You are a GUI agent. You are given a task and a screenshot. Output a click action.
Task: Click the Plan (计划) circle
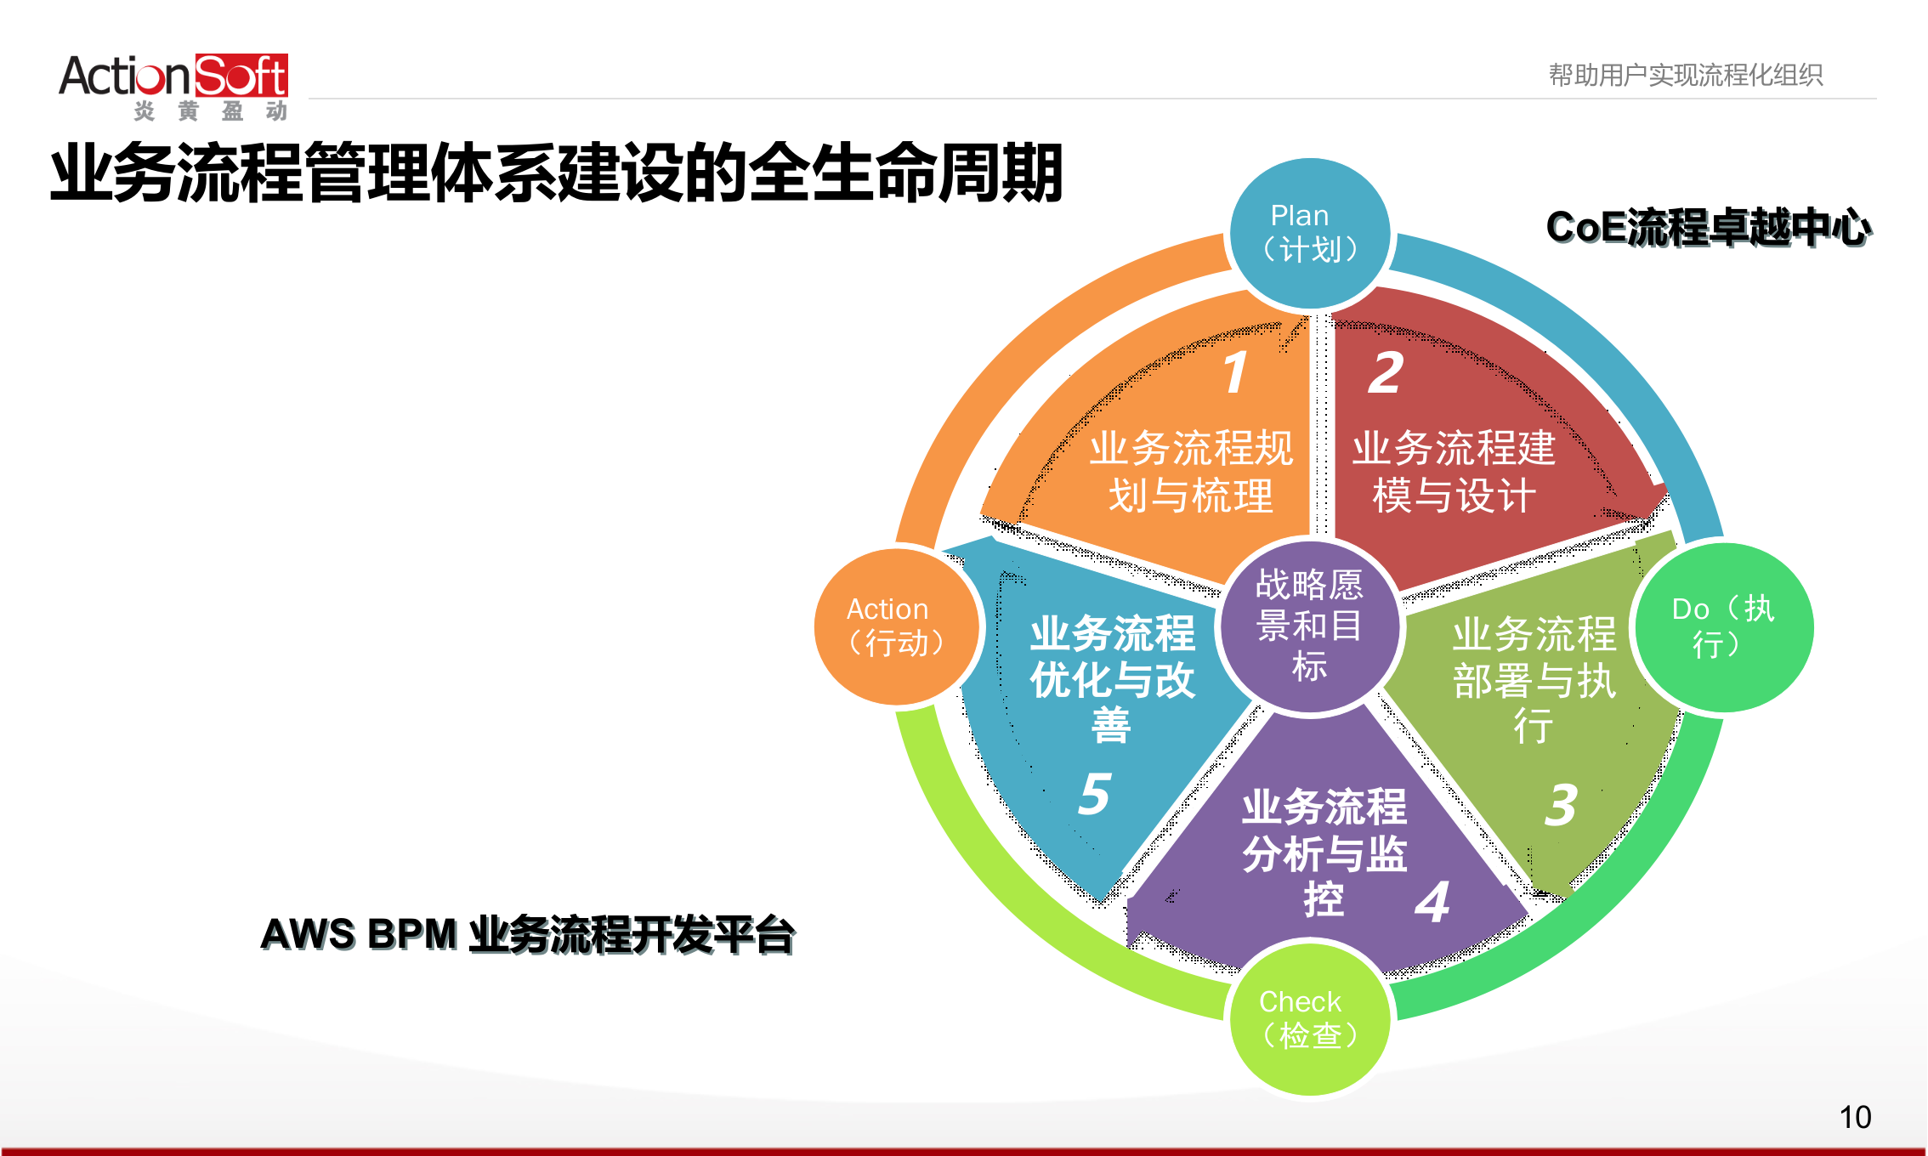(x=1310, y=233)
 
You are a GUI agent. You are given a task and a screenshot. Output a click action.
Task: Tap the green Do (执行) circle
(x=1723, y=626)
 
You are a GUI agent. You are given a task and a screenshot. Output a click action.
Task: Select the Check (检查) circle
(x=1310, y=1018)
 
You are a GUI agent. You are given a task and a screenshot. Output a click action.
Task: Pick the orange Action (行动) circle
(x=896, y=626)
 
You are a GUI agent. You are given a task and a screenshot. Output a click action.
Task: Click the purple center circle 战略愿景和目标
(x=1310, y=626)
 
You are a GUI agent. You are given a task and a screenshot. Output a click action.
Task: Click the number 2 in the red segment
(x=1386, y=372)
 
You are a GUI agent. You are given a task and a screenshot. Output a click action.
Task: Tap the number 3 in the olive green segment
(x=1561, y=804)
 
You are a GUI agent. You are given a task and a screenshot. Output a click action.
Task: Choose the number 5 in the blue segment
(x=1095, y=794)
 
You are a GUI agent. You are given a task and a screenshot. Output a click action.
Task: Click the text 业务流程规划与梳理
(x=1191, y=472)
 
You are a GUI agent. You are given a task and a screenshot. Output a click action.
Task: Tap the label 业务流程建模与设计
(x=1454, y=472)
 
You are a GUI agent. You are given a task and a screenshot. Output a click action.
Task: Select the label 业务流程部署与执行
(x=1534, y=679)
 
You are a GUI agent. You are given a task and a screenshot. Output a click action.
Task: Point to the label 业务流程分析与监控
(x=1324, y=853)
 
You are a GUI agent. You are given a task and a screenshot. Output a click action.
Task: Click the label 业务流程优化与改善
(x=1112, y=679)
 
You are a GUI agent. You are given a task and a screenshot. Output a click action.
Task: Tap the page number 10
(x=1855, y=1117)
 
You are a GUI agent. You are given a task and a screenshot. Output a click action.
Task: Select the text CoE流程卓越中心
(x=1707, y=227)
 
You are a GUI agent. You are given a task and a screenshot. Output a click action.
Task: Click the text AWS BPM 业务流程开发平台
(x=527, y=934)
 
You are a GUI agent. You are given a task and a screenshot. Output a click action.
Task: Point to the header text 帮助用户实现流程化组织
(x=1686, y=75)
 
